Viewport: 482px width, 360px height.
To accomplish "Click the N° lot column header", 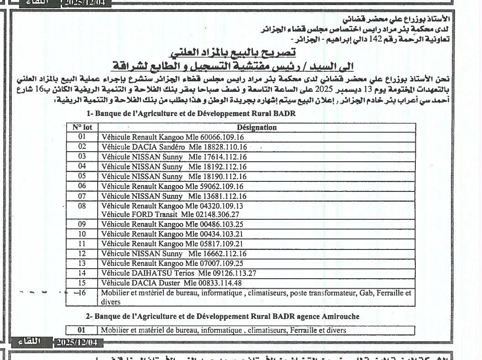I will coord(82,127).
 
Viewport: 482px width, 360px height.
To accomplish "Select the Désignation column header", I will coord(257,127).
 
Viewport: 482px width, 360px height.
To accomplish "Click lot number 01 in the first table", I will coord(82,137).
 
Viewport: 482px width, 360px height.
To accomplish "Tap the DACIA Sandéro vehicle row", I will coord(174,147).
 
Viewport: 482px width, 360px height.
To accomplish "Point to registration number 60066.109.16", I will coord(222,137).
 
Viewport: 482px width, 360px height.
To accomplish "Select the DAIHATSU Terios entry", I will coord(178,273).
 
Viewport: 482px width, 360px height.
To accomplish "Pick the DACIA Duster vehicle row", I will coord(171,283).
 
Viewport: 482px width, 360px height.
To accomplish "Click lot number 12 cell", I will coord(82,254).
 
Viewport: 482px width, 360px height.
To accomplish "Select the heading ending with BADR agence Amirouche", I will coord(222,316).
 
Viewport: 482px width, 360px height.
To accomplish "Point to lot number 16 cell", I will coord(82,293).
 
